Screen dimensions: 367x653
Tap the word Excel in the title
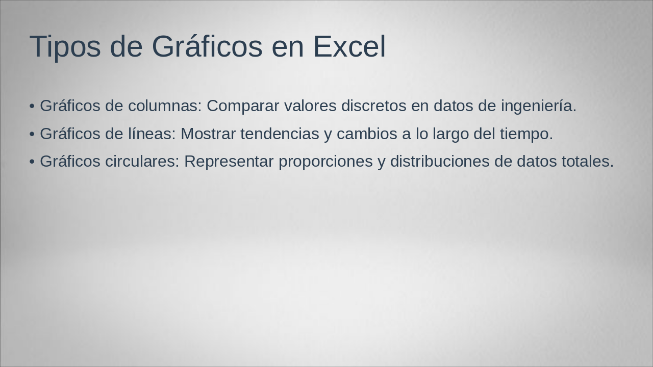(x=349, y=47)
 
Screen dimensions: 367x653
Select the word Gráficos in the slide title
(x=207, y=47)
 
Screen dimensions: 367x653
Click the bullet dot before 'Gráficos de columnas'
(x=32, y=107)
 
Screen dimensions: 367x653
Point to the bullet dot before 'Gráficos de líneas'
(x=32, y=135)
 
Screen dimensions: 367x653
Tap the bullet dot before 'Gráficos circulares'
(x=32, y=162)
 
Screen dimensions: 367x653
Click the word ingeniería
(x=538, y=106)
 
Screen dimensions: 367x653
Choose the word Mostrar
(x=208, y=134)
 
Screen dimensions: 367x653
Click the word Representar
(x=230, y=162)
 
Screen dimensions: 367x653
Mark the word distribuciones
(x=440, y=162)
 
